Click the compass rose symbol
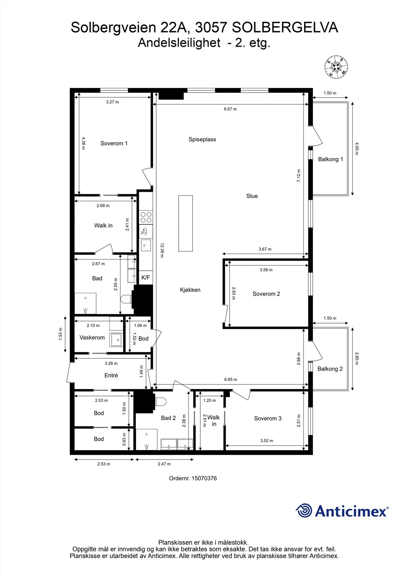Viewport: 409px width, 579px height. (x=336, y=67)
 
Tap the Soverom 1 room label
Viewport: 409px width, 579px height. (x=114, y=143)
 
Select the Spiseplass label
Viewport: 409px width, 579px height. (x=202, y=139)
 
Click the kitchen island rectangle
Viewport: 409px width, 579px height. (x=186, y=223)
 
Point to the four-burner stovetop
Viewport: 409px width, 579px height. (x=146, y=217)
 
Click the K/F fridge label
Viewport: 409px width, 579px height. (x=145, y=278)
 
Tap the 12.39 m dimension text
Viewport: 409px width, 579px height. (x=162, y=250)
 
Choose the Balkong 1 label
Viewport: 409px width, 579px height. (x=331, y=159)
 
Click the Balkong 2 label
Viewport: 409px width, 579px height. (x=330, y=369)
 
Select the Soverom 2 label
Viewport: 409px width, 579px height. (x=266, y=294)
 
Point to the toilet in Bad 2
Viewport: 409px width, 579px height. (x=161, y=402)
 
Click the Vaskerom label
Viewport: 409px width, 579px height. (x=92, y=337)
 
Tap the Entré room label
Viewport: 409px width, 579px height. (x=111, y=375)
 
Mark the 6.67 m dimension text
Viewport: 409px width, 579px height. (x=230, y=109)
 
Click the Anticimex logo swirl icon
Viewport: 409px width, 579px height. (x=304, y=511)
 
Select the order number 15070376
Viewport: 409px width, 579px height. (x=204, y=478)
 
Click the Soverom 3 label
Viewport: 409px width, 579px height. (x=268, y=418)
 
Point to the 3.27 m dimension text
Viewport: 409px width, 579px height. (x=112, y=102)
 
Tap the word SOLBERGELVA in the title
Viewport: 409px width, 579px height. (x=285, y=28)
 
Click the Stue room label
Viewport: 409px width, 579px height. (x=252, y=196)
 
